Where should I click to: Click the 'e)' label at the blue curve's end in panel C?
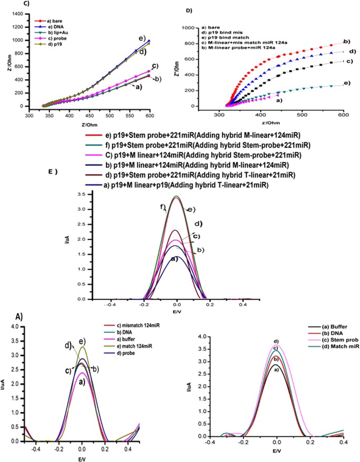tap(141, 38)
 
